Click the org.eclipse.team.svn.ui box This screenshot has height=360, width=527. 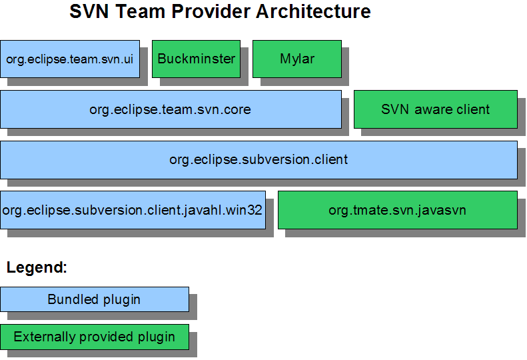pos(70,59)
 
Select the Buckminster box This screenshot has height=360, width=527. pos(197,59)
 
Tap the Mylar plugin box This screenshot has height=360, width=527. pos(297,59)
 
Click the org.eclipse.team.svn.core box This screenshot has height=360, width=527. pos(171,109)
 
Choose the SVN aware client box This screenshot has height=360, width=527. pos(436,109)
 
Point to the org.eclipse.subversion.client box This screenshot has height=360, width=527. pos(259,160)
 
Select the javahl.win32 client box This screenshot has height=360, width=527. pos(133,210)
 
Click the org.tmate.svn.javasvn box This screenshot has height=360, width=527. pos(398,210)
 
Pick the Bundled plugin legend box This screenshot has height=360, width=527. pos(95,299)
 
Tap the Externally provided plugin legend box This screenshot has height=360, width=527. pos(95,337)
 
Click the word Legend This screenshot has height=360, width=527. pos(36,268)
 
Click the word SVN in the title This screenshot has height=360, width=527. pos(89,11)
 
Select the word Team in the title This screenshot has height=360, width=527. pos(140,11)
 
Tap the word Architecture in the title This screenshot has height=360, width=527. pos(313,11)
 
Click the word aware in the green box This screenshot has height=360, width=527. pos(436,110)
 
